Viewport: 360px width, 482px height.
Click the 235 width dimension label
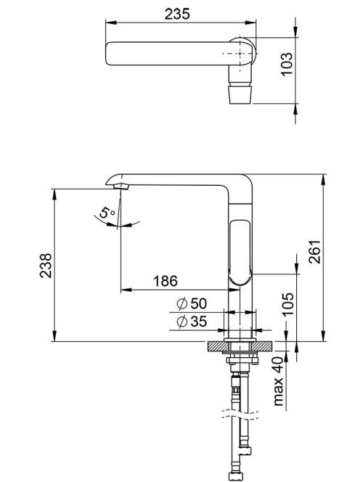pos(177,14)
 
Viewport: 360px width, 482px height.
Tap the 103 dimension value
pos(287,64)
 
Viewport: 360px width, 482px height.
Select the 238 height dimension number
pos(46,266)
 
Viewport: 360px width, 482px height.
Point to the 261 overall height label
pos(314,251)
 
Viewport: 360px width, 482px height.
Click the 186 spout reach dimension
pos(165,281)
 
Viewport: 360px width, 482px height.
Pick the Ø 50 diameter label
pos(192,303)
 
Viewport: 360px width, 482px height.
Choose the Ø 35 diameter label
pos(192,322)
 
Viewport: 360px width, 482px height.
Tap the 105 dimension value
pos(288,304)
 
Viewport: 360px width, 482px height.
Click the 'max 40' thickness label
pos(278,381)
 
